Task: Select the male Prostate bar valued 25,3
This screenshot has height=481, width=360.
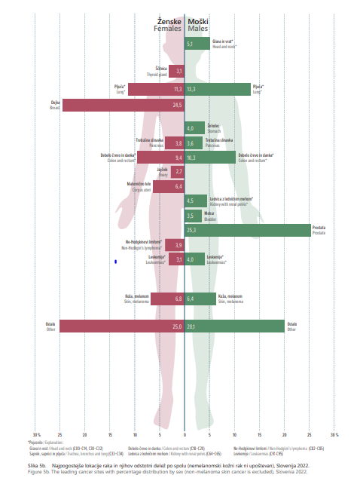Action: coord(248,230)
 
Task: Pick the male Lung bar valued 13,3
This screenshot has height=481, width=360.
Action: coord(218,89)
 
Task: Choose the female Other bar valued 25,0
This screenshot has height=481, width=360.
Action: coord(122,326)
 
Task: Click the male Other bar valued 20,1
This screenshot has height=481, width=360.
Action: coord(234,326)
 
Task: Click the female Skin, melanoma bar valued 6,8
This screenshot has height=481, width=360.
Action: coord(167,299)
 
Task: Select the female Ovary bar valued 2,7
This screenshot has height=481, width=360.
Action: coord(178,172)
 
